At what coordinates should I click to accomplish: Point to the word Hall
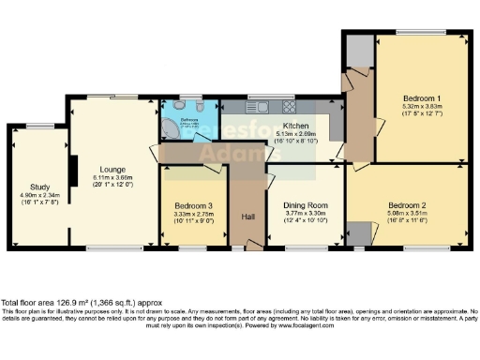pos(247,217)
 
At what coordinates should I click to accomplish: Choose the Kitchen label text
pos(297,126)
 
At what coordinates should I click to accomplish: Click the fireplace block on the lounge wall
pos(72,170)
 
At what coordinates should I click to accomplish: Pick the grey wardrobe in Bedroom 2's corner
pos(358,233)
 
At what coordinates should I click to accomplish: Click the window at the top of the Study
pos(39,126)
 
